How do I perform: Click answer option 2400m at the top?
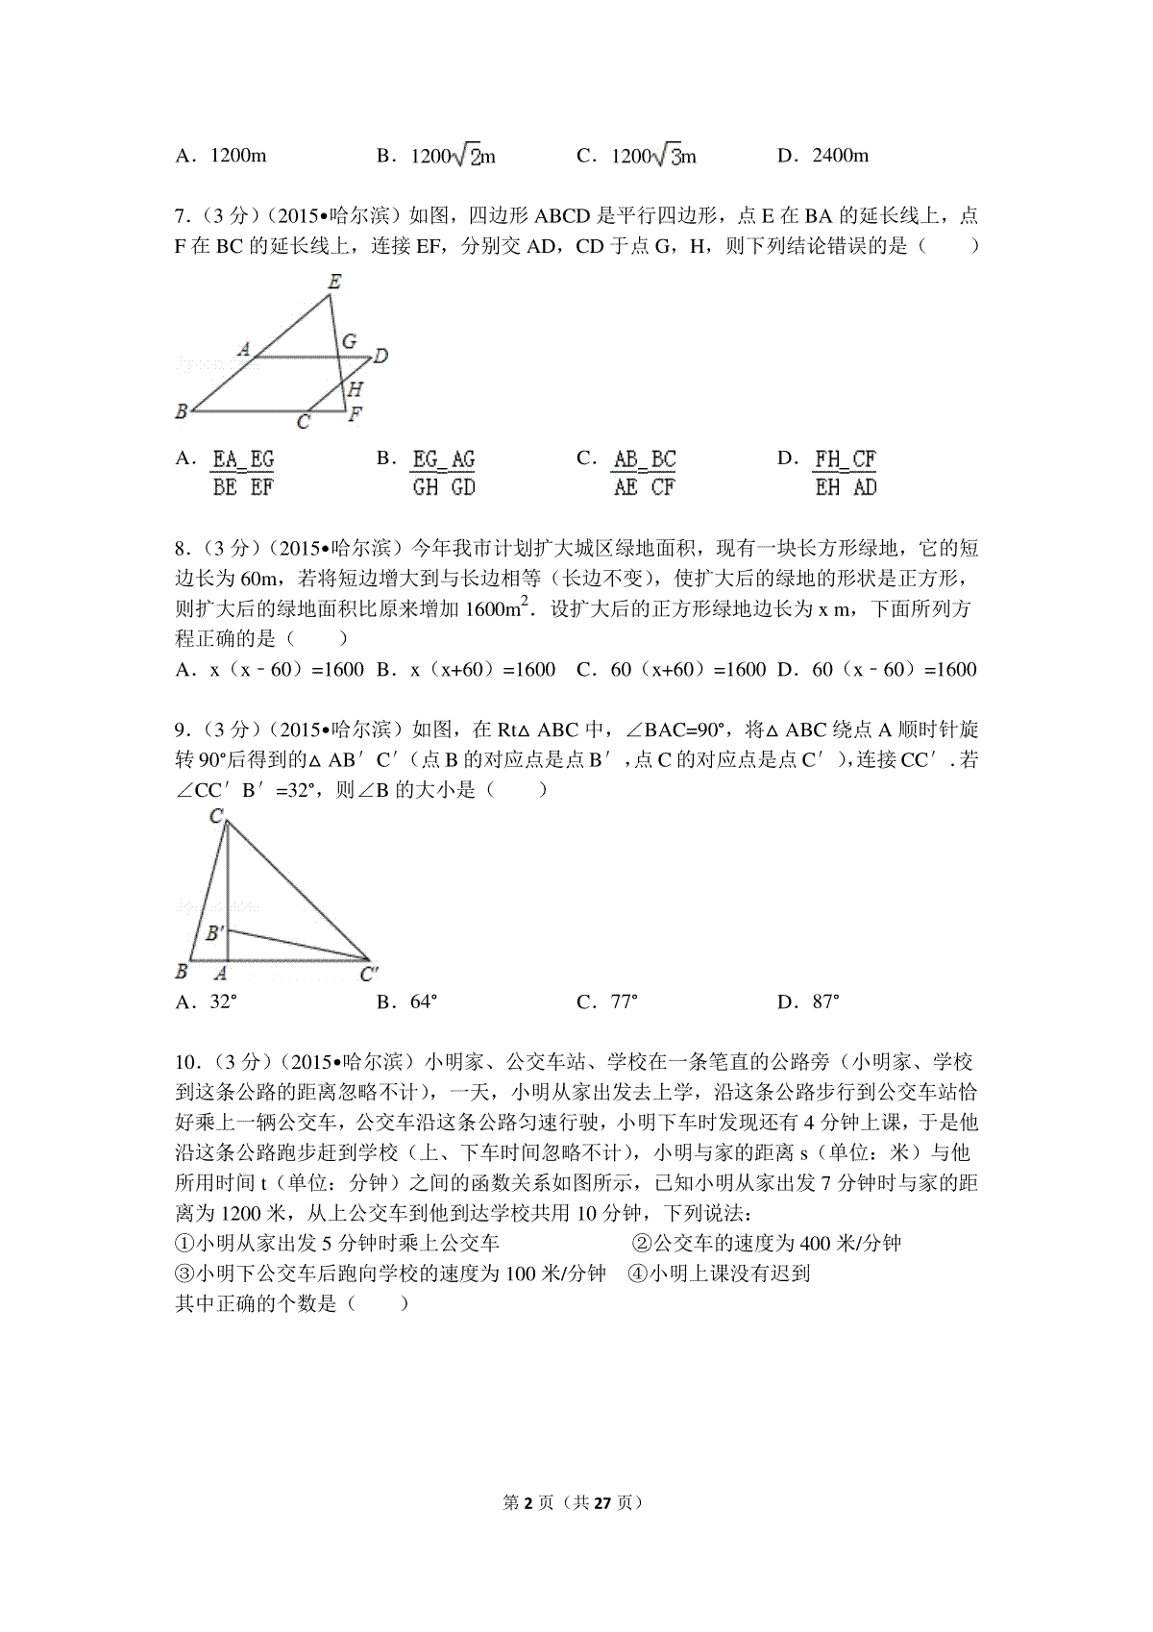click(840, 155)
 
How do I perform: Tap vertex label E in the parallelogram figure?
click(334, 282)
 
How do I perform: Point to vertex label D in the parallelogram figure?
click(381, 357)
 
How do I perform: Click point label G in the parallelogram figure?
click(350, 341)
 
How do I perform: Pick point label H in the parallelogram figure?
click(355, 388)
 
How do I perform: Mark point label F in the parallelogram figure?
click(356, 414)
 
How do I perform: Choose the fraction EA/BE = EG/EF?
click(243, 473)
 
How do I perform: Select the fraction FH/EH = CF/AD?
click(846, 473)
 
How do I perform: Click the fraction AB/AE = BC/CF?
click(644, 473)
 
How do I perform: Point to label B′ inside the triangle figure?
click(216, 932)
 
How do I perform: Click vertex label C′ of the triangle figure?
click(369, 975)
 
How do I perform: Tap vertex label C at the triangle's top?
click(217, 817)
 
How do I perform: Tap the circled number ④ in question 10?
click(637, 1273)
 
